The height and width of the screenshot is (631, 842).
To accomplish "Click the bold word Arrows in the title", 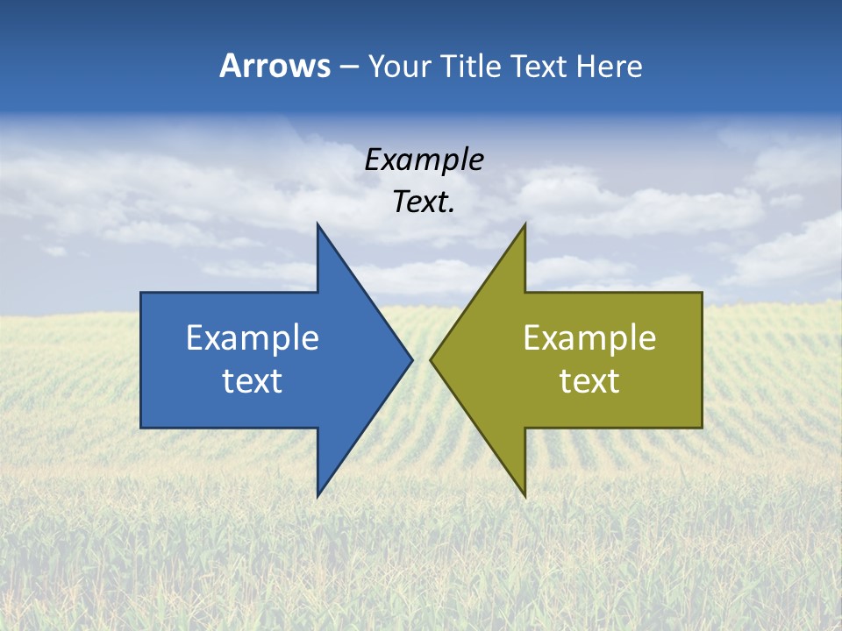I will pyautogui.click(x=275, y=66).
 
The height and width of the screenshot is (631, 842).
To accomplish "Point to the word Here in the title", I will pyautogui.click(x=609, y=66).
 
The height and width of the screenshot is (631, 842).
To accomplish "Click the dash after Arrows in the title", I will pyautogui.click(x=347, y=67).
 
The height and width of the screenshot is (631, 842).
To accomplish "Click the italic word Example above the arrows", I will pyautogui.click(x=425, y=160).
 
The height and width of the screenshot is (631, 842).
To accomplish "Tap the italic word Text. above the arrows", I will pyautogui.click(x=425, y=202).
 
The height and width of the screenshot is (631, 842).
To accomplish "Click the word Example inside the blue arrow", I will pyautogui.click(x=253, y=338).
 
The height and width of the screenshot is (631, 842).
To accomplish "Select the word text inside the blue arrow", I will pyautogui.click(x=253, y=381).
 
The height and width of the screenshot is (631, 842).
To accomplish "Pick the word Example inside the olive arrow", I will pyautogui.click(x=589, y=338).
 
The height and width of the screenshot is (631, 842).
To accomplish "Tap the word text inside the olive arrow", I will pyautogui.click(x=589, y=381).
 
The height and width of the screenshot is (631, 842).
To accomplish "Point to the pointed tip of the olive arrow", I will pyautogui.click(x=432, y=359).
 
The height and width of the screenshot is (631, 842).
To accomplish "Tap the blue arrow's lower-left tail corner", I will pyautogui.click(x=142, y=427).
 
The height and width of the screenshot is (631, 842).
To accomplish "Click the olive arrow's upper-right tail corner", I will pyautogui.click(x=701, y=294).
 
